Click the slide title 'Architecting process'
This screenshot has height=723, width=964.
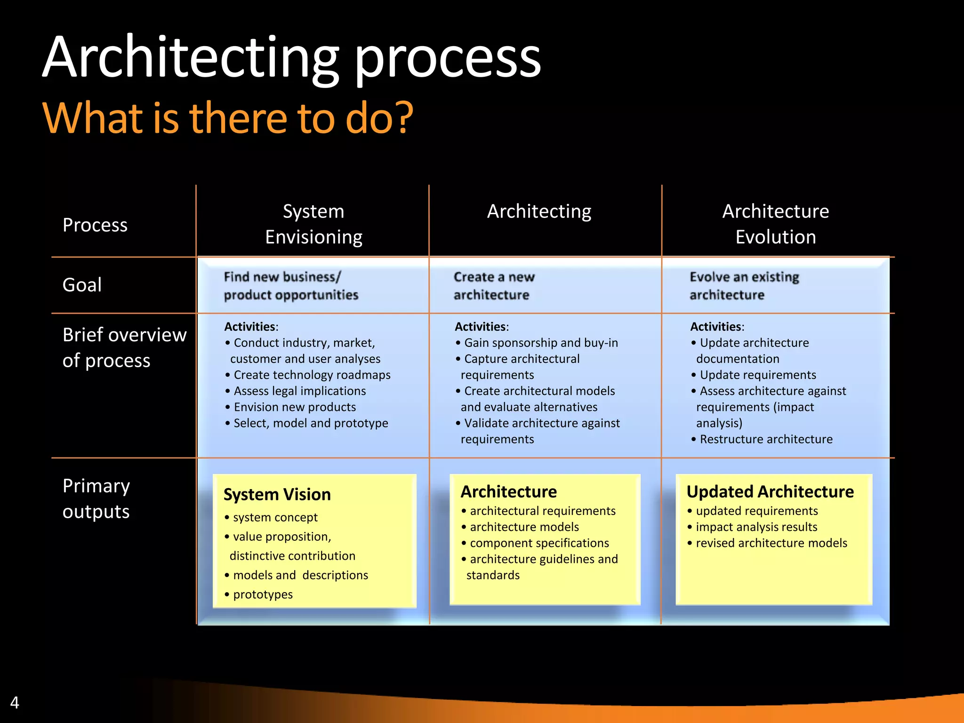[292, 57]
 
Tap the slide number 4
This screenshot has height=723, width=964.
[15, 703]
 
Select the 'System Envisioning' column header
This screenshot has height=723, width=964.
[313, 224]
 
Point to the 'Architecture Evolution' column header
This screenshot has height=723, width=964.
[775, 224]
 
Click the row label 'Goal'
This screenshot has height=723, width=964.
[82, 285]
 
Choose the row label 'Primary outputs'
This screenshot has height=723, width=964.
[96, 498]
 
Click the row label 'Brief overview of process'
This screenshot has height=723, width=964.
[124, 347]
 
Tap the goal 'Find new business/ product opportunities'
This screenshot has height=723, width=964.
[291, 286]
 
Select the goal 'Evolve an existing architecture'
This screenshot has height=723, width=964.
[744, 286]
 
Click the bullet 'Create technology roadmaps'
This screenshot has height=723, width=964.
[312, 375]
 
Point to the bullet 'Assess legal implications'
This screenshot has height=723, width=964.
[299, 391]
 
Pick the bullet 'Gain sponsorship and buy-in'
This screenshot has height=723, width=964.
[541, 343]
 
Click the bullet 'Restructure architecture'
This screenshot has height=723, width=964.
[766, 439]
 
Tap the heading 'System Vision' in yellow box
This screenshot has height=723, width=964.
[277, 494]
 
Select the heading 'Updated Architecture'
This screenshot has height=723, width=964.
[770, 491]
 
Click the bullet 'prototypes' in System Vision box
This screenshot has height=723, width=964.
[263, 594]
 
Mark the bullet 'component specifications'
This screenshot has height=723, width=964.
[539, 543]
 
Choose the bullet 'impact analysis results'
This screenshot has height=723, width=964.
[756, 527]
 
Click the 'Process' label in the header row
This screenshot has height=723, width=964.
[95, 225]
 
